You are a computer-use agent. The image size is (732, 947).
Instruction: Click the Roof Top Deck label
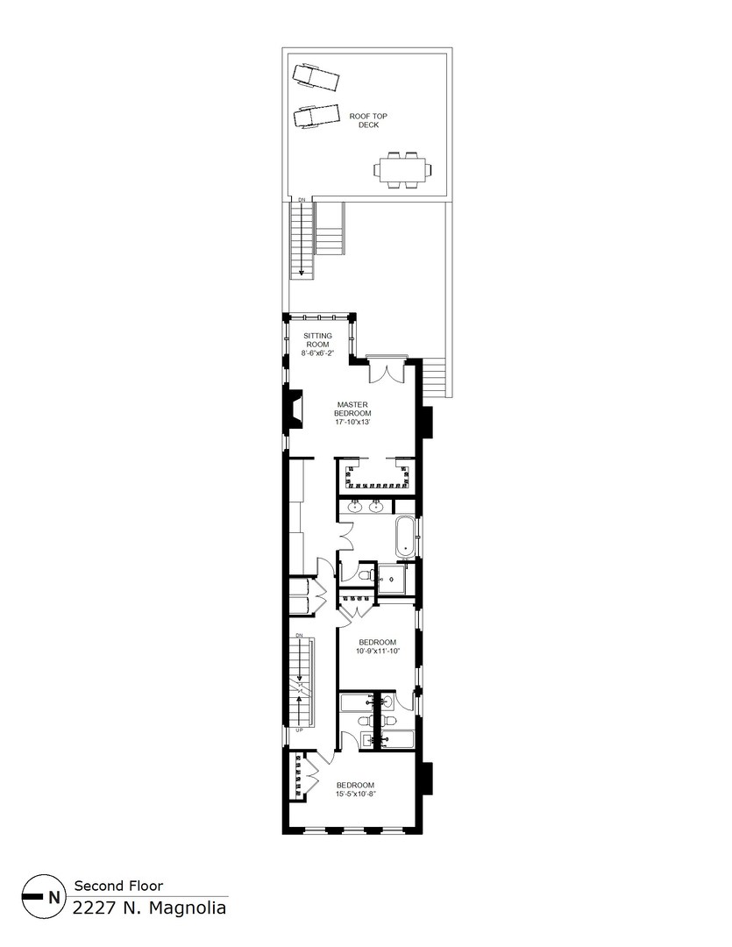[x=368, y=120]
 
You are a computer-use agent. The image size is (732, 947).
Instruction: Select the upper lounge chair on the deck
[x=316, y=77]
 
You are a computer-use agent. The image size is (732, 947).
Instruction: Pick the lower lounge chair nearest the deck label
[x=316, y=116]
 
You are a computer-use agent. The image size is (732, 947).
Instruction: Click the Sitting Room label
[x=317, y=345]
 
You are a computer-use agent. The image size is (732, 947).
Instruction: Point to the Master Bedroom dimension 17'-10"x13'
[x=352, y=422]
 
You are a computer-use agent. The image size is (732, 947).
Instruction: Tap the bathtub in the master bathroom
[x=405, y=537]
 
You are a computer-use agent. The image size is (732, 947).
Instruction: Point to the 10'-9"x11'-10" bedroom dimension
[x=378, y=651]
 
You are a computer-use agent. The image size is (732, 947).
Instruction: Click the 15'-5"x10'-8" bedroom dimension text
[x=356, y=794]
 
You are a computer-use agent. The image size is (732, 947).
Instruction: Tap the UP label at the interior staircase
[x=299, y=730]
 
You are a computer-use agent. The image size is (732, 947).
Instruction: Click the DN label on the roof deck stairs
[x=302, y=199]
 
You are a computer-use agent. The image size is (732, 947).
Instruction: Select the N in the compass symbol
[x=54, y=897]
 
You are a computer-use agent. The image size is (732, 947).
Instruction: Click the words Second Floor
[x=118, y=886]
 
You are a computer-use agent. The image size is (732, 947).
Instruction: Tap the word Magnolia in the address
[x=188, y=908]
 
